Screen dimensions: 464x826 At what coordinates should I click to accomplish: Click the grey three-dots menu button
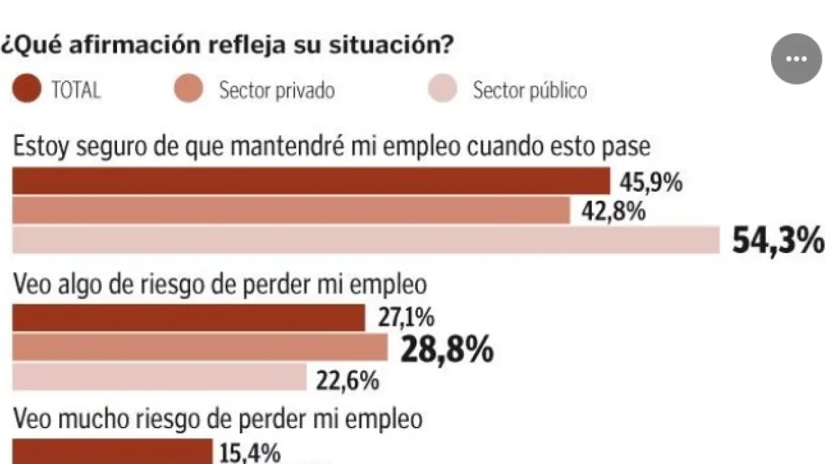coord(796,59)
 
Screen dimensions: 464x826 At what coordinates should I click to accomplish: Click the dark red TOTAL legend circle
coord(27,89)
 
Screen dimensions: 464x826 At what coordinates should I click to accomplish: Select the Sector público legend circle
coord(443,90)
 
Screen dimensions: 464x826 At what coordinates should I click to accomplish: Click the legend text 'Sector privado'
coord(277,90)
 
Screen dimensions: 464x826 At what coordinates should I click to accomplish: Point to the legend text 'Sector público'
coord(529,90)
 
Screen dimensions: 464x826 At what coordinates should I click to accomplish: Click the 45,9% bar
coord(311,181)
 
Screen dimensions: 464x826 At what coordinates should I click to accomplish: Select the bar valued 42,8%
coord(291,210)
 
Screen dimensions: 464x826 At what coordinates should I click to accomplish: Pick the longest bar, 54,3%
coord(366,240)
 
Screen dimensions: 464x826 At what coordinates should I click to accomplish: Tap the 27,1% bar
coord(189,318)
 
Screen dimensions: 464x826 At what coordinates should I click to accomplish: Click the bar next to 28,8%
coord(200,348)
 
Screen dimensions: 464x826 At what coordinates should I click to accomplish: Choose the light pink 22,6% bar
coord(160,377)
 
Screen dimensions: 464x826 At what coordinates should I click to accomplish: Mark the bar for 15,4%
coord(113,452)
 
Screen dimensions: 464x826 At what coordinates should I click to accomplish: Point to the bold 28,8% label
coord(447,350)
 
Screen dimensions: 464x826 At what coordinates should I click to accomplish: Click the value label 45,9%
coord(650,184)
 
